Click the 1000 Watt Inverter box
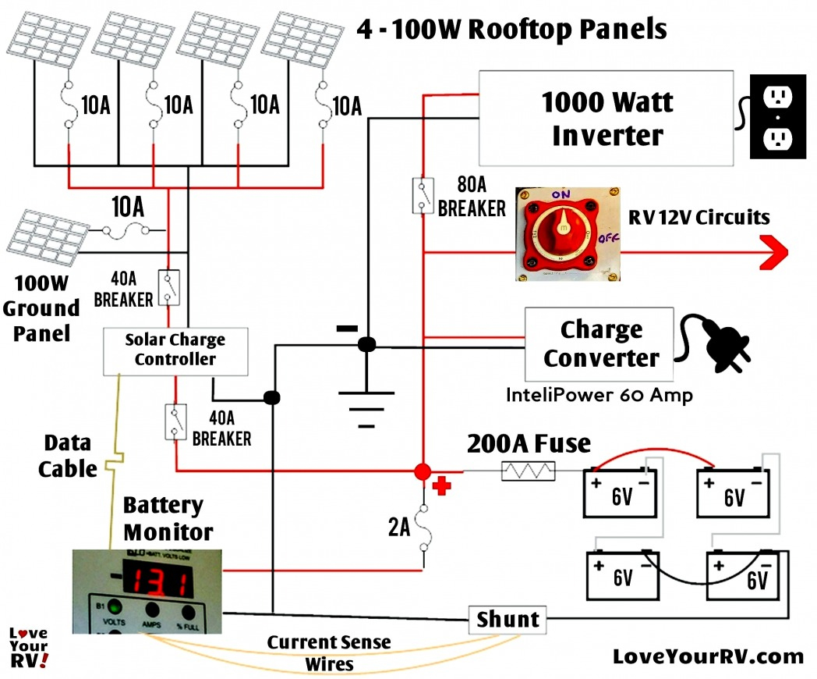pos(607,118)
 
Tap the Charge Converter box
pos(599,343)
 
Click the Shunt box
pos(508,620)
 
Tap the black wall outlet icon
pos(776,117)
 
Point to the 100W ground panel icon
pos(44,236)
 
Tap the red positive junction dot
pos(423,471)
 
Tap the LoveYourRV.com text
pos(709,656)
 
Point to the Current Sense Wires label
pos(329,653)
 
